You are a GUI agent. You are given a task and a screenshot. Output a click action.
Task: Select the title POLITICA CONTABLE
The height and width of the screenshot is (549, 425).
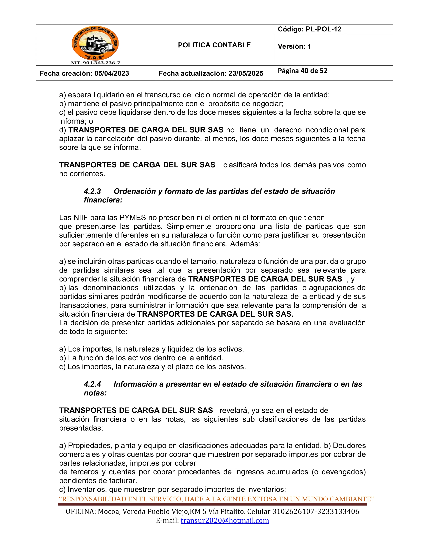point(214,45)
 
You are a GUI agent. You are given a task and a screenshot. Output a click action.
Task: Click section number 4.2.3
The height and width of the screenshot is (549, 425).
point(92,191)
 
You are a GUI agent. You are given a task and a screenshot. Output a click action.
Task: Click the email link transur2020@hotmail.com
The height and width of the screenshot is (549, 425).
point(225,520)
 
